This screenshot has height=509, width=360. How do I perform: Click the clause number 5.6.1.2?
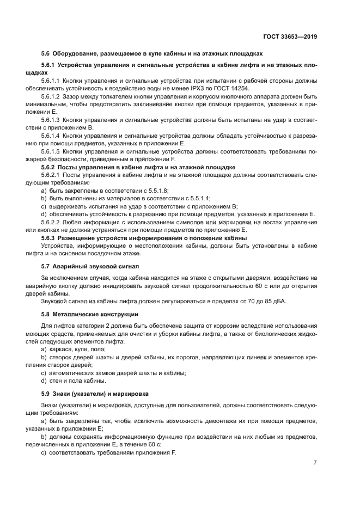[x=51, y=96]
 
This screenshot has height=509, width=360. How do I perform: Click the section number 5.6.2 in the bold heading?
[x=49, y=167]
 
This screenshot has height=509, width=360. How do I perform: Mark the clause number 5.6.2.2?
[x=51, y=222]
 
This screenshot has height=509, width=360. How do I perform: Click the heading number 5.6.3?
[x=49, y=238]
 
